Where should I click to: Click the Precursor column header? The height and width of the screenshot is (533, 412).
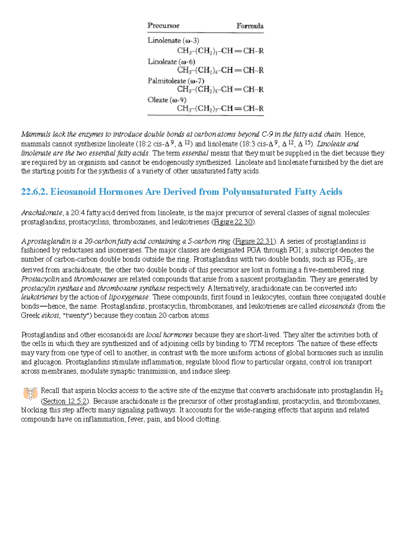click(163, 26)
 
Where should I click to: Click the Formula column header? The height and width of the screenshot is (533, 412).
click(250, 26)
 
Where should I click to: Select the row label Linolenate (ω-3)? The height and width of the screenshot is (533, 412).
click(173, 40)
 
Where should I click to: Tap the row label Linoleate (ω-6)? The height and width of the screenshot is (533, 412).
click(171, 62)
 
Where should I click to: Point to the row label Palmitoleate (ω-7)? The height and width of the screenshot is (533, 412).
click(176, 81)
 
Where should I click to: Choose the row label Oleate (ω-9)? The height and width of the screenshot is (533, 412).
click(167, 100)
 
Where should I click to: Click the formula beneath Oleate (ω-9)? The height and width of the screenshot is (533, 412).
click(220, 109)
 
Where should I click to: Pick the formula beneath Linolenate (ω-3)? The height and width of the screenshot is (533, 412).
click(220, 51)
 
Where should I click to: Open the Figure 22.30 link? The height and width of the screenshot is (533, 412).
click(233, 222)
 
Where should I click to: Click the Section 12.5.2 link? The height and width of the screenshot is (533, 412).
click(65, 401)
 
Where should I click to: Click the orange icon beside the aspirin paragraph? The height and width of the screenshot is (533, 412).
click(31, 393)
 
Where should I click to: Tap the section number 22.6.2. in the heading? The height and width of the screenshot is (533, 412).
click(34, 192)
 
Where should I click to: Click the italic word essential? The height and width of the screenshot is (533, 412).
click(195, 153)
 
